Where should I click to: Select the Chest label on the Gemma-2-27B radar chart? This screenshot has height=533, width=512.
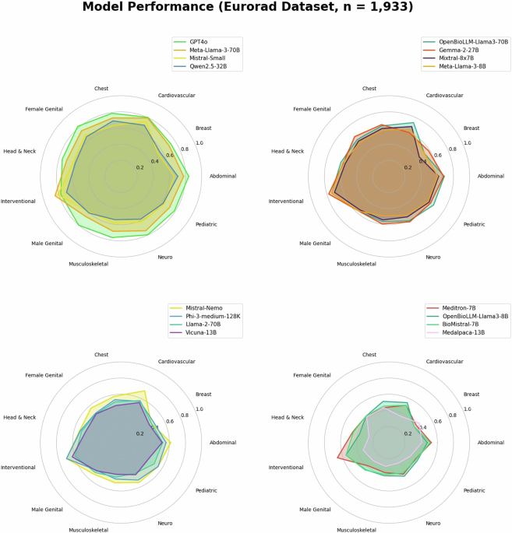tap(369, 88)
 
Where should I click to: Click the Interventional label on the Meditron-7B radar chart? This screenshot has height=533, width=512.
tap(286, 467)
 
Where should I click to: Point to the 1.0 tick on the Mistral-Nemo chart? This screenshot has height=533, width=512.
tap(199, 409)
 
